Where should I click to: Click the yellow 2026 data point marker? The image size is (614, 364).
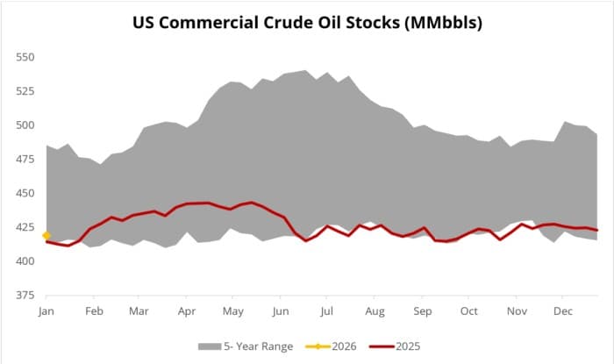point(46,235)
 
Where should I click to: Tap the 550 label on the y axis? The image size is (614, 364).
point(25,57)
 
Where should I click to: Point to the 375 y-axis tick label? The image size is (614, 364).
point(25,296)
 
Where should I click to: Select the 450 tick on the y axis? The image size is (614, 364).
point(25,193)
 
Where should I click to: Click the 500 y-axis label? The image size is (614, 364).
point(25,125)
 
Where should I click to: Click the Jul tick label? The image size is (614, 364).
point(328,310)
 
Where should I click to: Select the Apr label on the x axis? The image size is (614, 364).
point(187,310)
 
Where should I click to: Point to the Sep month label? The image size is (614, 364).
point(423,310)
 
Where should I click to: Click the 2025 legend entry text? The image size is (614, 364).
point(408,346)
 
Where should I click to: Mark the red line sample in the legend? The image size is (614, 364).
point(379,346)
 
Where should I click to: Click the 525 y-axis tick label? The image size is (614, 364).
point(25,90)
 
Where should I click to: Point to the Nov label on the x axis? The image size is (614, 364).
point(518,310)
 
